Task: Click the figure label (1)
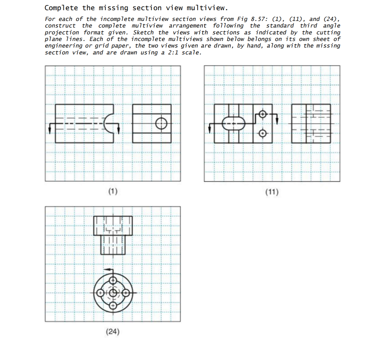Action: click(x=113, y=191)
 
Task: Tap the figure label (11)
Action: click(x=272, y=192)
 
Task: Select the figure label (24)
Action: click(x=113, y=331)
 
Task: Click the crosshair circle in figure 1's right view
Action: click(x=161, y=123)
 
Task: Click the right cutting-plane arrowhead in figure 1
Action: click(x=119, y=131)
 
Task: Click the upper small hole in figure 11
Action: click(x=262, y=114)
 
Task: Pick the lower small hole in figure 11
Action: click(x=262, y=133)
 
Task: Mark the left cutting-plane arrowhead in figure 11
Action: click(x=209, y=130)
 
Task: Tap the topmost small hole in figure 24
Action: click(x=113, y=280)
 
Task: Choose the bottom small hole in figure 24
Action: click(x=113, y=306)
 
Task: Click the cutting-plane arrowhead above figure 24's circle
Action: click(x=109, y=270)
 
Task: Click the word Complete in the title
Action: click(x=61, y=8)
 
